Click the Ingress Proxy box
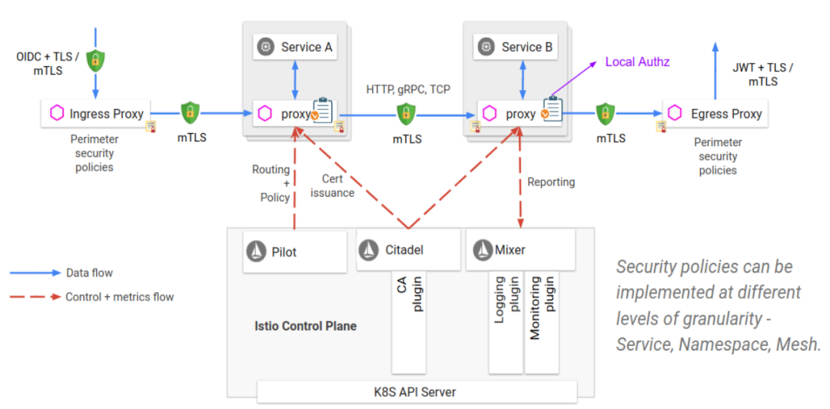pos(96,114)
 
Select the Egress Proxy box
pos(715,114)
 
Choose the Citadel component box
pos(408,250)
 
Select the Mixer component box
pos(520,250)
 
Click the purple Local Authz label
pos(637,62)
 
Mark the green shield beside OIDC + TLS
pos(95,61)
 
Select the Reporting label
pos(551,182)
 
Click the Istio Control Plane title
pos(305,326)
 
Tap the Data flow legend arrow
pos(35,273)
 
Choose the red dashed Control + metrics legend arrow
pos(35,297)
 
